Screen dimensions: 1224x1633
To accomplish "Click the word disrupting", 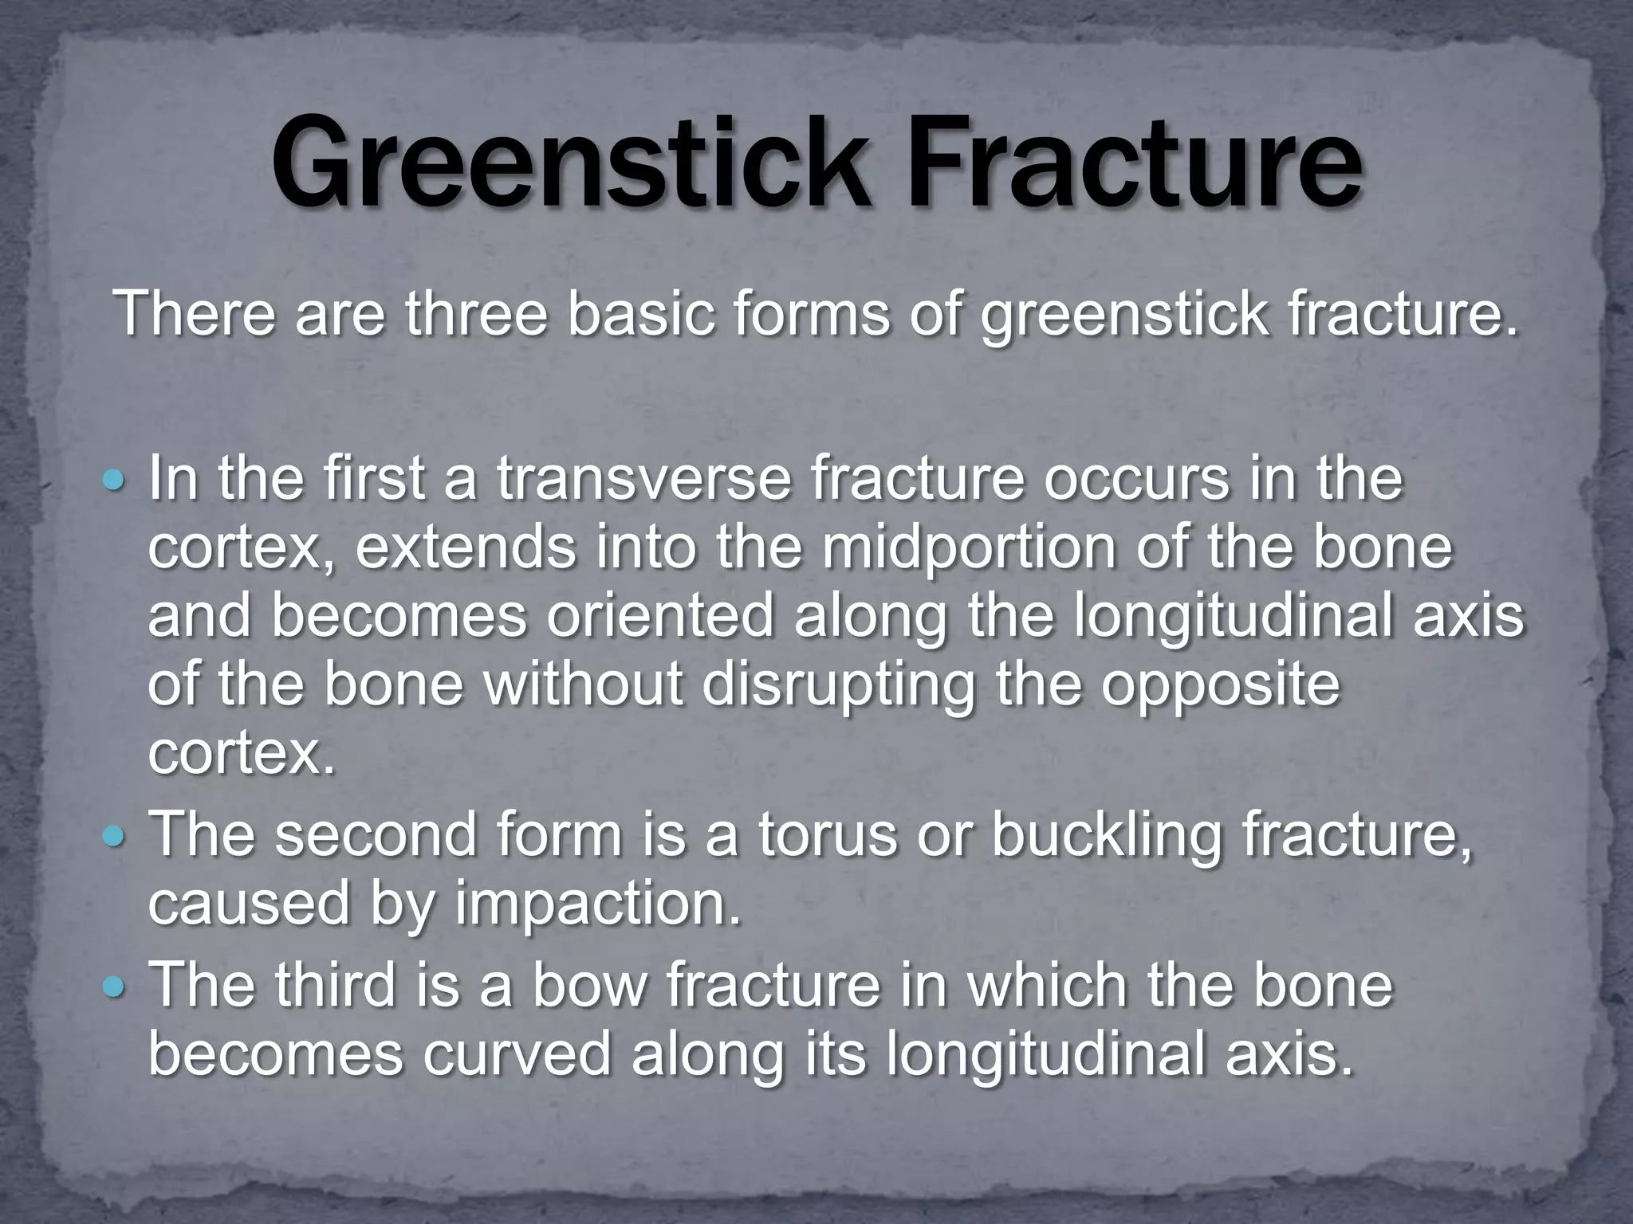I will pyautogui.click(x=837, y=685).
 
